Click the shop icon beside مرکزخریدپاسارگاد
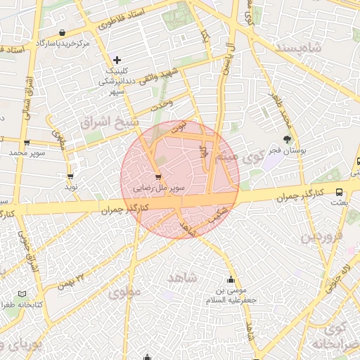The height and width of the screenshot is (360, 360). pos(64,32)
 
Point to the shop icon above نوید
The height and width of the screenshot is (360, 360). pos(70,176)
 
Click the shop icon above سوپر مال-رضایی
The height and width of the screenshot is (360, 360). pos(157,176)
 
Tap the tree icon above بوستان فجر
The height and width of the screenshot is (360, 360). pos(286,139)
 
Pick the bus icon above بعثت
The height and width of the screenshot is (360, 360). pos(340,191)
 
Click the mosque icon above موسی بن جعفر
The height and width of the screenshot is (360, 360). pos(230,279)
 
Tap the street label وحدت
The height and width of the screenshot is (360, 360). pos(161,104)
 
